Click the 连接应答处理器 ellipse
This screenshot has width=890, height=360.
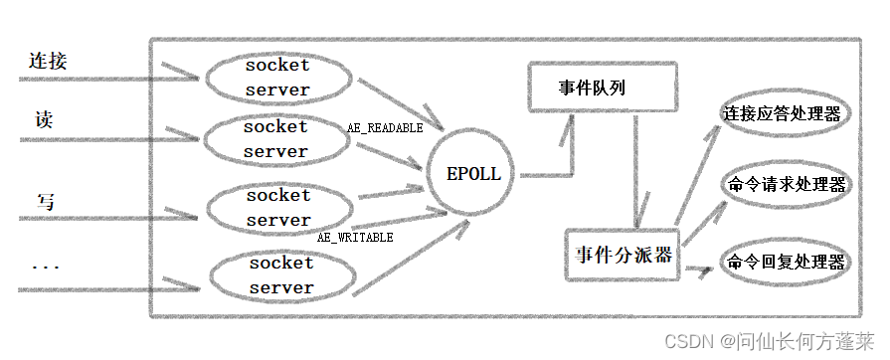coord(782,114)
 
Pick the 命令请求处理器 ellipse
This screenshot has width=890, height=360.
coord(786,185)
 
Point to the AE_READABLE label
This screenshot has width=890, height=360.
coord(384,128)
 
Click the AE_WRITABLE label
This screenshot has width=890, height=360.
coord(355,238)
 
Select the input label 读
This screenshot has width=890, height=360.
coord(44,120)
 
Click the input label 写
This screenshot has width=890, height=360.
coord(46,203)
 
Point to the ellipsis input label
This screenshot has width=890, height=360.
coord(45,267)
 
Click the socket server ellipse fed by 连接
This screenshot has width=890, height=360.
coord(277,78)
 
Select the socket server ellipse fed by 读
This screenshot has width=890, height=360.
coord(275,139)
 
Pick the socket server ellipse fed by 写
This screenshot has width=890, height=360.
coord(278,208)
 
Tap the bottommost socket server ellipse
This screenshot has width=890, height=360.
coord(280,275)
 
